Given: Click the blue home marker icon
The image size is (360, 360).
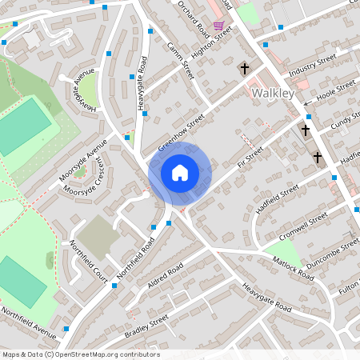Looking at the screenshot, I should [x=180, y=172].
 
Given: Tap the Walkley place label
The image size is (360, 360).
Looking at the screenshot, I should [x=273, y=94].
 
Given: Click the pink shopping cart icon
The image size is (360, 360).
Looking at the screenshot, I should [x=218, y=26].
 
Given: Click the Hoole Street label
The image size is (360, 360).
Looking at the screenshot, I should [x=337, y=90].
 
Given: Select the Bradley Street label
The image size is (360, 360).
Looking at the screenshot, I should [x=146, y=326].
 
